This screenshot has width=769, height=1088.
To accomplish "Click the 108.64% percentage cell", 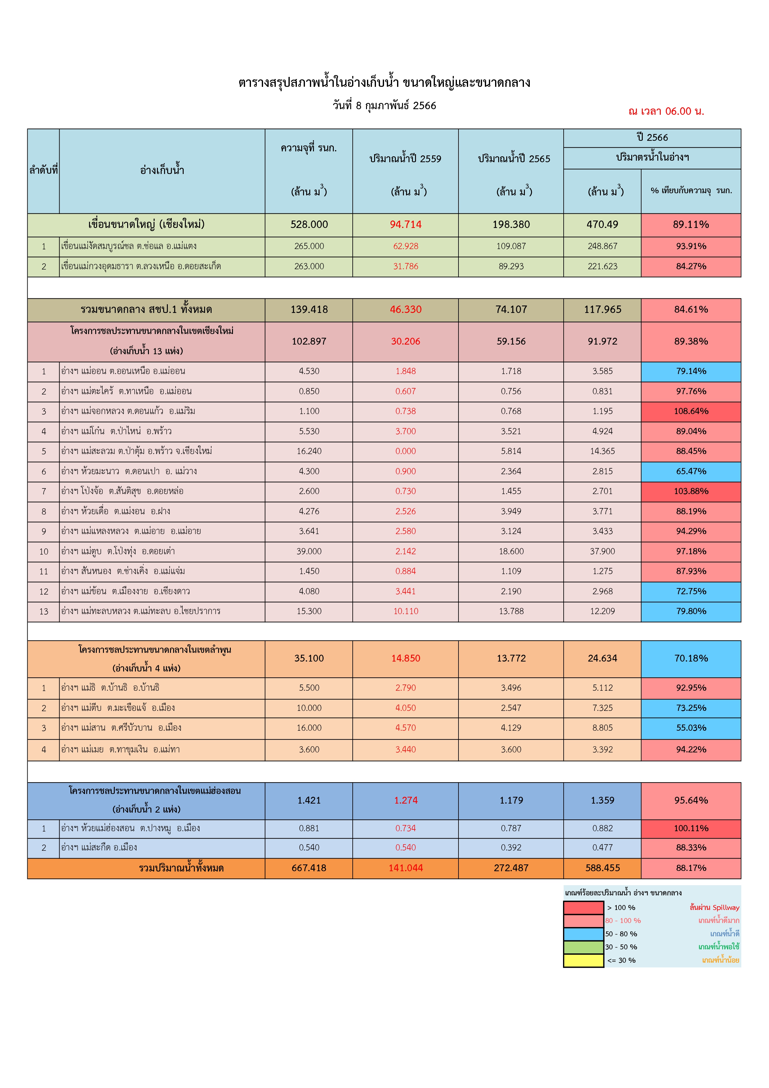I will (691, 411).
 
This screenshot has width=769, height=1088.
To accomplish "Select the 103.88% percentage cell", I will (691, 491).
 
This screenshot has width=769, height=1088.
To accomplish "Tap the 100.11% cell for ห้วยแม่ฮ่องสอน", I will (691, 828).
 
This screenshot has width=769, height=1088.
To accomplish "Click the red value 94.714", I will (405, 225).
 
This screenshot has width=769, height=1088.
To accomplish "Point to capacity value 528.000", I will (309, 225).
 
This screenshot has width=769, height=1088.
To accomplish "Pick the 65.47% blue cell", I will (691, 471).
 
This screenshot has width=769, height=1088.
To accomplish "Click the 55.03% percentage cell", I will (691, 728).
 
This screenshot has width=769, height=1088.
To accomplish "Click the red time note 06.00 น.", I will (666, 111).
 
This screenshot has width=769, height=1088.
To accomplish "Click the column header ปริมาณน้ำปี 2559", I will (405, 159).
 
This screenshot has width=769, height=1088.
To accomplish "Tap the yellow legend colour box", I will (583, 961).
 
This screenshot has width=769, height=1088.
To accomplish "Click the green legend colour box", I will (583, 947).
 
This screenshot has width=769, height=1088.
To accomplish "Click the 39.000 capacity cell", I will (309, 551).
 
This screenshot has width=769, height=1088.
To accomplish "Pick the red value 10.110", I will (405, 611).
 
